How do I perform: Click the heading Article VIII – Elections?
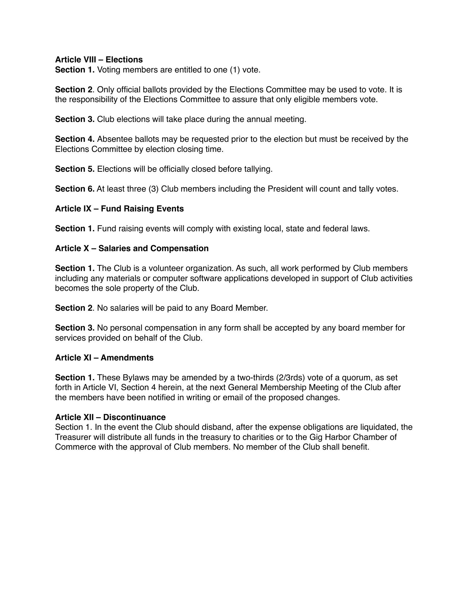(x=99, y=60)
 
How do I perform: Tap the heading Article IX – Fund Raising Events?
(x=119, y=209)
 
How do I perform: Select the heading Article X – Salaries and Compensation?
(x=132, y=248)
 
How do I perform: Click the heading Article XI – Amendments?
(x=104, y=358)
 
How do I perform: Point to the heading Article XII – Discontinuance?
(x=110, y=417)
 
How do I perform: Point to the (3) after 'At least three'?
(x=153, y=189)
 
